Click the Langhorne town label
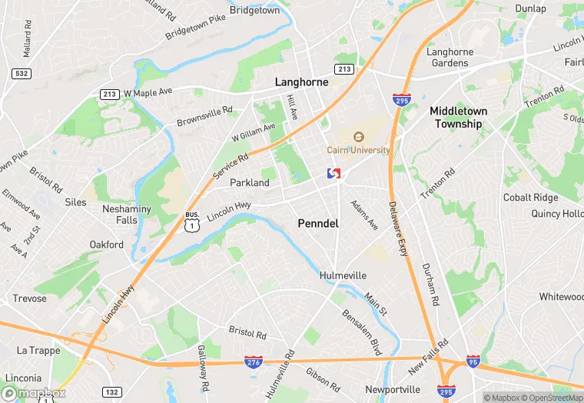(302, 82)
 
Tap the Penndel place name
(318, 224)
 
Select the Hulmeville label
(343, 275)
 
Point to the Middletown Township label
(459, 117)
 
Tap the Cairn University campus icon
(357, 137)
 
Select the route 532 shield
(22, 73)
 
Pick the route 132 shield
(111, 392)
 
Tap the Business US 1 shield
(192, 221)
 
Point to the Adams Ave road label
(364, 215)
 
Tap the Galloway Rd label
(202, 368)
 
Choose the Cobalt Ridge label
(530, 198)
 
